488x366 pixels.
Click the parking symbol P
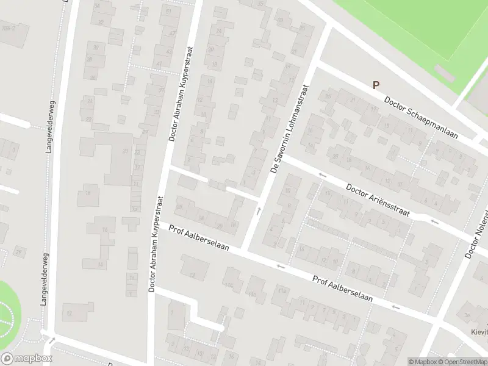(376, 86)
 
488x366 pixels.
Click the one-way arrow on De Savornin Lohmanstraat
(258, 212)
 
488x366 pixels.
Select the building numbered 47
(173, 34)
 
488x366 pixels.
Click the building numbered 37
(161, 90)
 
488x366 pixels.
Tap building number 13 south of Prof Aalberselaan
(192, 275)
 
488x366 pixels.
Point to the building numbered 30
(95, 46)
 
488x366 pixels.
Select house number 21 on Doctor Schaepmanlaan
(352, 99)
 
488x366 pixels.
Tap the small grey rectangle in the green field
(445, 74)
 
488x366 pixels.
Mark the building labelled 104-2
(8, 28)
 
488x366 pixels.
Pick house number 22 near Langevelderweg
(88, 119)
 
